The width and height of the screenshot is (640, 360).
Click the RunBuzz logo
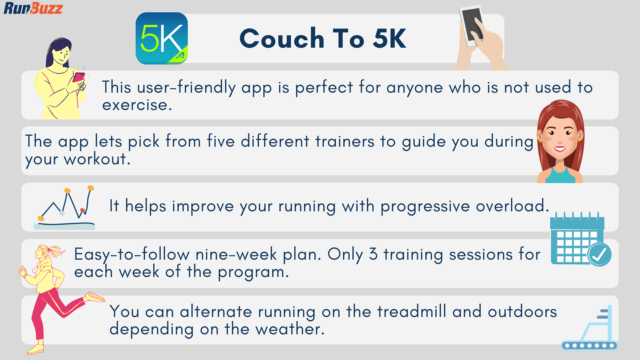coord(33,8)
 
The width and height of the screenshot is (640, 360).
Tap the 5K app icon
coord(162,38)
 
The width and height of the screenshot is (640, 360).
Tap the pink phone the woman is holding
coord(79,77)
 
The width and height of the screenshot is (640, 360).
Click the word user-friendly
coord(186,87)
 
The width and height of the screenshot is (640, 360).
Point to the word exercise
coord(137,105)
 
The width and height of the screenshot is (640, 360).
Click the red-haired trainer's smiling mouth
coord(560,149)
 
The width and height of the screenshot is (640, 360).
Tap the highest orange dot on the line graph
coord(90,188)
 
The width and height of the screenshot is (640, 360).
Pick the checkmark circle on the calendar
coord(599,255)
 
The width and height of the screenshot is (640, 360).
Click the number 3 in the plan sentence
coord(373,254)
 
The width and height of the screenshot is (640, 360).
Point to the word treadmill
coord(412,312)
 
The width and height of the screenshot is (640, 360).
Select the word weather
coord(290,329)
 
